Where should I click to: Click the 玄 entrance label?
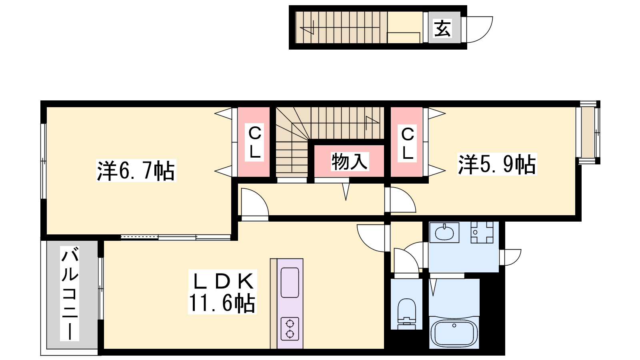442,28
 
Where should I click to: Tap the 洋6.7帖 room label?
136,171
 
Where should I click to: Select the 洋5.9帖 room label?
497,164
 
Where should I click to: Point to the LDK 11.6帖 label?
222,292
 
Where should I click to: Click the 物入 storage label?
350,162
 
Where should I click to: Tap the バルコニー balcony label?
70,294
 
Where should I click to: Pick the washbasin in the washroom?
444,232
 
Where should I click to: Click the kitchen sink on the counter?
290,282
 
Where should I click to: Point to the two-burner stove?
290,329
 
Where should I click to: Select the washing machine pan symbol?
482,232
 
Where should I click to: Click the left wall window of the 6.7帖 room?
44,161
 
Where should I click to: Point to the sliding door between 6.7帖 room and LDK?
176,237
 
